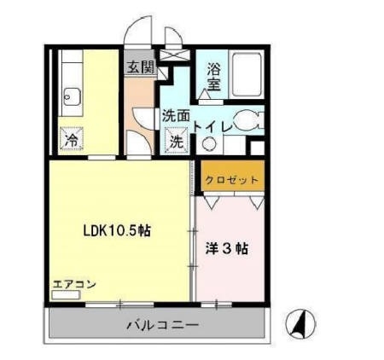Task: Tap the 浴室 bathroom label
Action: point(213,77)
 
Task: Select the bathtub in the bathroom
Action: point(247,75)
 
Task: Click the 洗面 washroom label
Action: point(176,117)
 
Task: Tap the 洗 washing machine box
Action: point(176,142)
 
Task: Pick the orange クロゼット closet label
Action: point(232,180)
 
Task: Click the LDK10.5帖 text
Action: point(116,230)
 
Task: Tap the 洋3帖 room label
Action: point(227,249)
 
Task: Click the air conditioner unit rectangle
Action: point(65,296)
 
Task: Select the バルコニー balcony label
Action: point(164,325)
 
